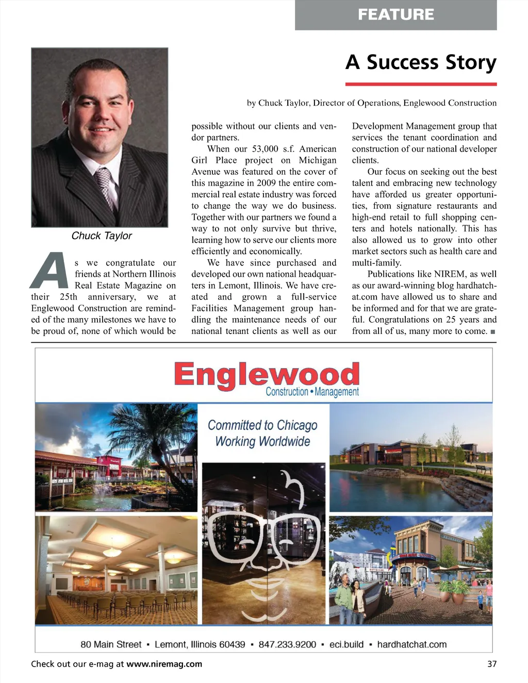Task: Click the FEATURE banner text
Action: pos(395,14)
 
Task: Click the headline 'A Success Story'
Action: pos(421,62)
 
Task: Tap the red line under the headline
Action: pos(421,84)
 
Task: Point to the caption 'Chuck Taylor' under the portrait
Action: pos(102,236)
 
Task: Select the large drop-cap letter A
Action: pos(50,271)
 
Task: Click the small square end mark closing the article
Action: pos(493,332)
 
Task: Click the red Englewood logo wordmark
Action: pos(266,374)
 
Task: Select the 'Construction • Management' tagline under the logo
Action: pos(312,392)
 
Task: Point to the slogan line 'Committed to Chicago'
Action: pos(262,425)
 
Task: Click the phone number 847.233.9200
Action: pos(287,644)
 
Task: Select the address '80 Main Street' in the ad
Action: pos(111,644)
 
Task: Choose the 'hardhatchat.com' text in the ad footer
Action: pos(411,644)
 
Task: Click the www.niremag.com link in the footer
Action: pos(164,664)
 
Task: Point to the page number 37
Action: pos(492,664)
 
